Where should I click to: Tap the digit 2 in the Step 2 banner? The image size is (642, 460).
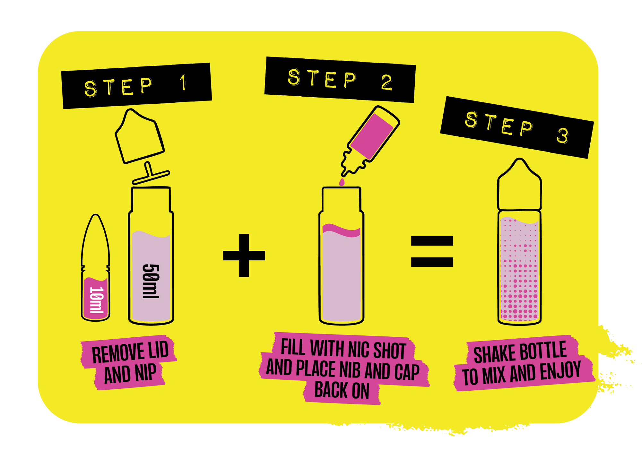pyautogui.click(x=386, y=82)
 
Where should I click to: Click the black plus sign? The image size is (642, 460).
pyautogui.click(x=244, y=256)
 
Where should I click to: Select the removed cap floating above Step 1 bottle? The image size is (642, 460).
pyautogui.click(x=139, y=136)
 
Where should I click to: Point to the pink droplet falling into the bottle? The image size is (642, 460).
pyautogui.click(x=342, y=182)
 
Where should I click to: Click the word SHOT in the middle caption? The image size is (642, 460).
pyautogui.click(x=389, y=351)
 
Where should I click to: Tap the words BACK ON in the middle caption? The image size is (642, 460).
pyautogui.click(x=342, y=390)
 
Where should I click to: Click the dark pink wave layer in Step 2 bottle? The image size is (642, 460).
pyautogui.click(x=342, y=230)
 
